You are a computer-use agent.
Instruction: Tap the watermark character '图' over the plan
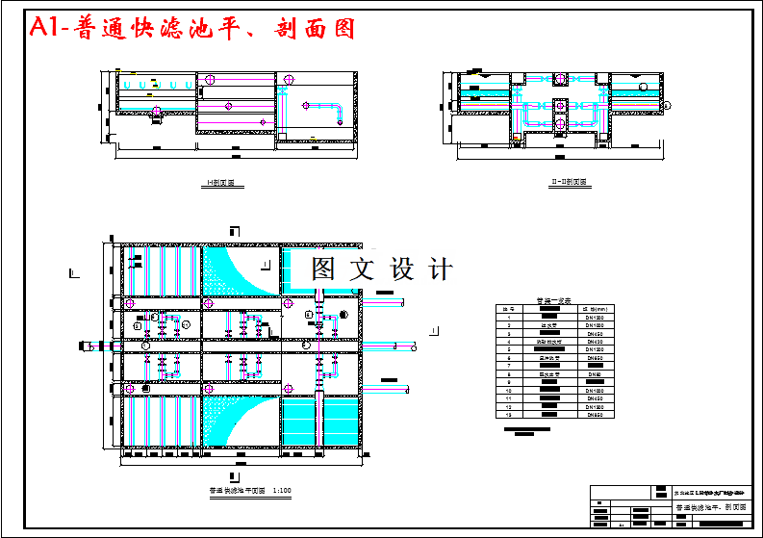click(323, 269)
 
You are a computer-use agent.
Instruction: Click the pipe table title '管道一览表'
click(552, 301)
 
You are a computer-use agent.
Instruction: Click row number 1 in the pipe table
click(508, 318)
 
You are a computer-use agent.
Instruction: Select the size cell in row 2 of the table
click(595, 325)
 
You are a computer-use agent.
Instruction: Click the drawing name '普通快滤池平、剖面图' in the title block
click(710, 505)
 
